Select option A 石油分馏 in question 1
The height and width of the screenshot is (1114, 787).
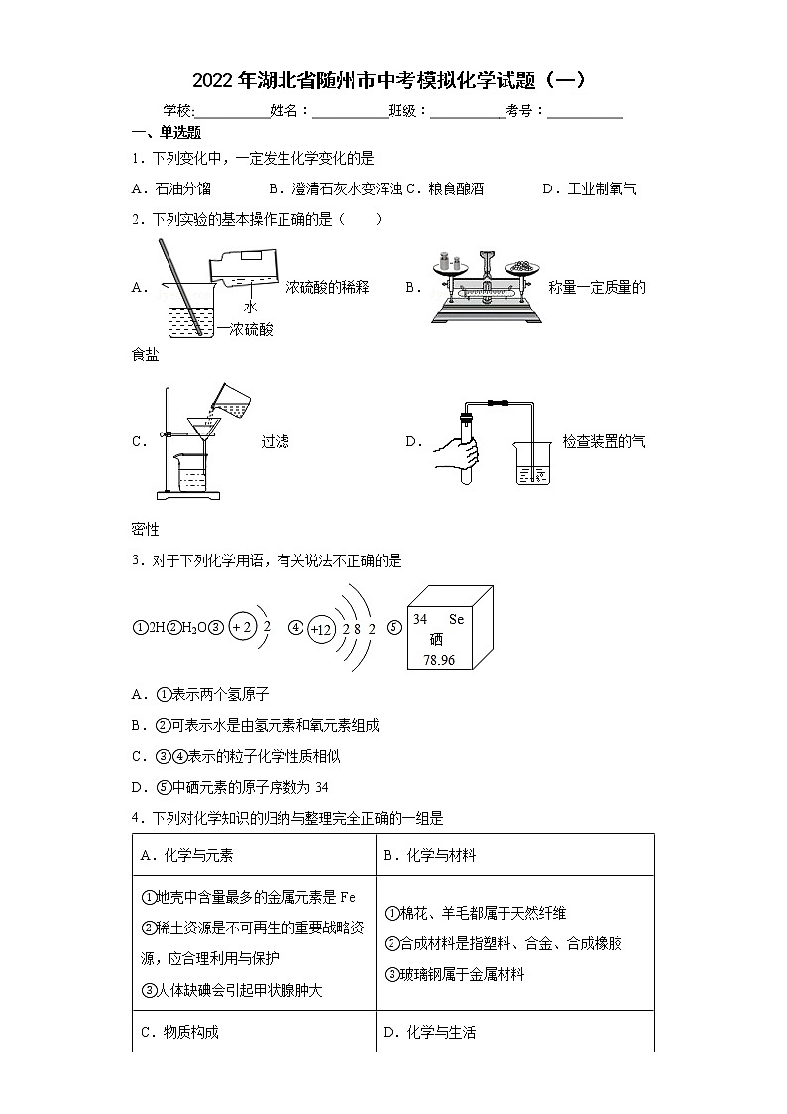171,188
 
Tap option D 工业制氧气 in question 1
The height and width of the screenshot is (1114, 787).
590,188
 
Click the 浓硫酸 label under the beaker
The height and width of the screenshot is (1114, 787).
249,330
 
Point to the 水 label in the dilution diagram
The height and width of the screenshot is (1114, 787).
250,307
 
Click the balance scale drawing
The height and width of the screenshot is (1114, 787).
485,288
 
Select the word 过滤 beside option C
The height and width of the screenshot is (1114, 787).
275,442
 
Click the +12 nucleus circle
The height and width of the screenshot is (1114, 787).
320,629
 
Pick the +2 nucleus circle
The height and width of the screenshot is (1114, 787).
241,627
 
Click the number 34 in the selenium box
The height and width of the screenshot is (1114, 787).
420,619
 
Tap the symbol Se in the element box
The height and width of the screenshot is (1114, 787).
456,619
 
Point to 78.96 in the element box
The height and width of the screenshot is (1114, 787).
438,660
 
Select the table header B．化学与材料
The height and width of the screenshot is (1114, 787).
429,855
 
